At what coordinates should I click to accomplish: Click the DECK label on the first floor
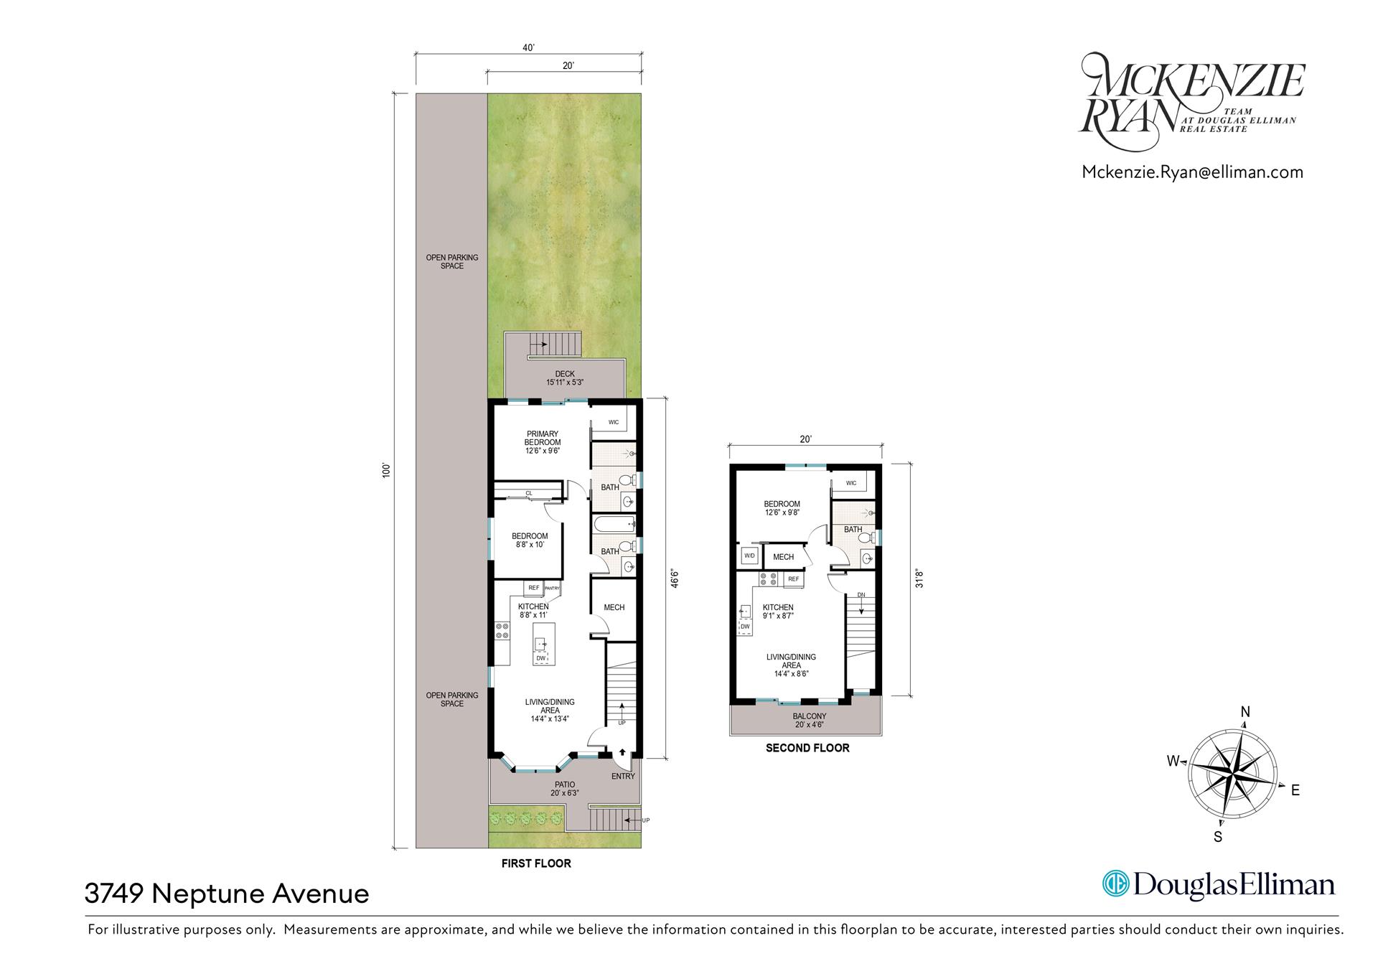[x=565, y=374]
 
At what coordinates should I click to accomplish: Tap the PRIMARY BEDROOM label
[x=543, y=439]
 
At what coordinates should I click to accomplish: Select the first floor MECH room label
[x=614, y=607]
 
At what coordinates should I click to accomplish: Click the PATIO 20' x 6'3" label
[x=565, y=789]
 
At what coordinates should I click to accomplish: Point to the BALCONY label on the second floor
[x=810, y=716]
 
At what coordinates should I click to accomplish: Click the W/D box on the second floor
[x=750, y=556]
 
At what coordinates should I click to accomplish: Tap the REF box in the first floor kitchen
[x=534, y=588]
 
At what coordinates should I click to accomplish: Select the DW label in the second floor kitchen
[x=746, y=627]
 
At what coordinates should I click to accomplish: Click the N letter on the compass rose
[x=1246, y=712]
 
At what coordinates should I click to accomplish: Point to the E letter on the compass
[x=1295, y=790]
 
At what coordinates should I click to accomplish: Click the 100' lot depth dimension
[x=386, y=471]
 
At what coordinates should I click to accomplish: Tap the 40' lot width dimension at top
[x=528, y=48]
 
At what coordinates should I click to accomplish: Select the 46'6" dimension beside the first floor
[x=674, y=579]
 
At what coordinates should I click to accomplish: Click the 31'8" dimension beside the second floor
[x=919, y=579]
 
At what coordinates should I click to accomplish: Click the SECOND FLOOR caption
[x=807, y=748]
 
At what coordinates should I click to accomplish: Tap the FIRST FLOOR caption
[x=536, y=863]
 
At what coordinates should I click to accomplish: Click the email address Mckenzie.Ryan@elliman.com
[x=1192, y=172]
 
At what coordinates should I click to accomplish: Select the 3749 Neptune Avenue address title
[x=227, y=894]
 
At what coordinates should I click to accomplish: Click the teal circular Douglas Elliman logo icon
[x=1115, y=884]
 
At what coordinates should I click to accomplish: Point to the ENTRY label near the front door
[x=623, y=776]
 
